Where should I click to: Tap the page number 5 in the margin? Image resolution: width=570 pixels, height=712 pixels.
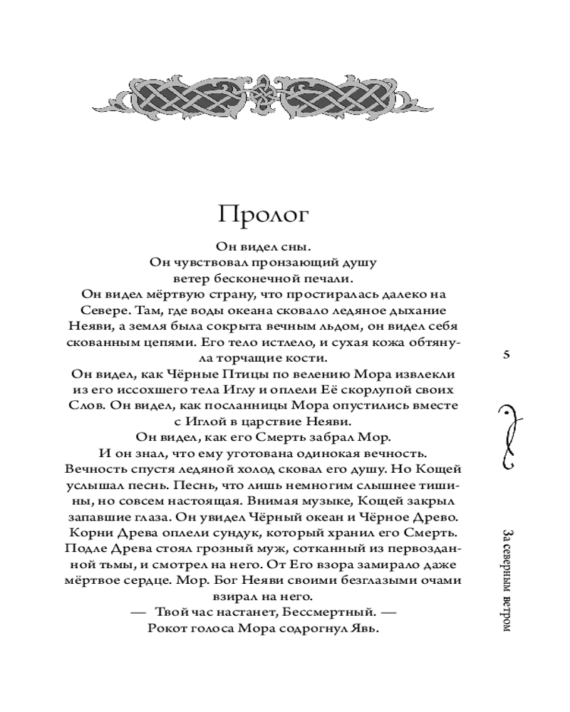point(507,355)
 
